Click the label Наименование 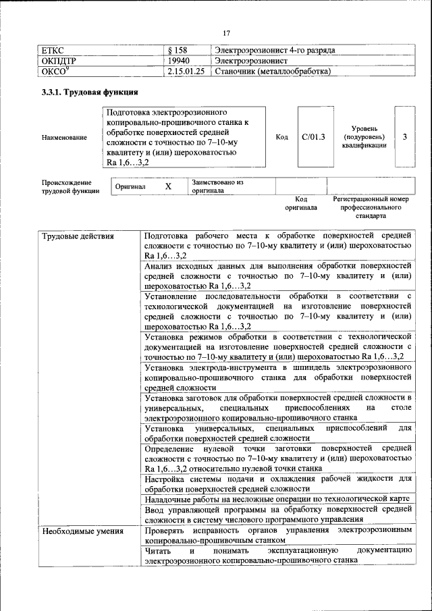coord(64,138)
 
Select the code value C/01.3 coord(313,137)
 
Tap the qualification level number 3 coord(404,137)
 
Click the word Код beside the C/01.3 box coord(282,137)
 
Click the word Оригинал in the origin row coord(130,186)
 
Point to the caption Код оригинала coord(300,204)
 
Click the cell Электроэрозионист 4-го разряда coord(275,50)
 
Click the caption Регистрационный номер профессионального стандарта coord(371,208)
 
